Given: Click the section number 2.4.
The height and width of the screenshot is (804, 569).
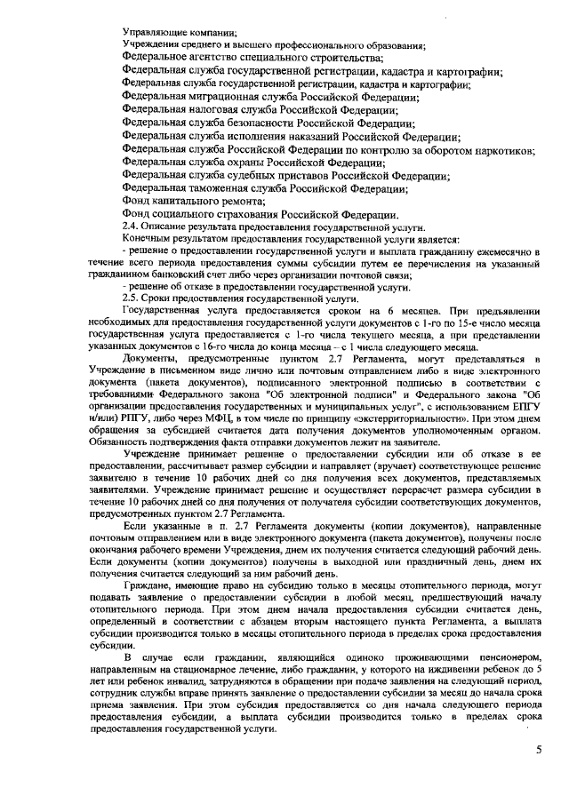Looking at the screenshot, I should coord(131,227).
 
